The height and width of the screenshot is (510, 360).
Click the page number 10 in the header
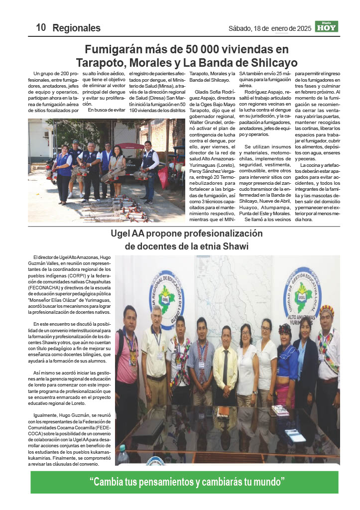(41, 28)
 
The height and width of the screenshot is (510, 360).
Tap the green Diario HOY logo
(327, 27)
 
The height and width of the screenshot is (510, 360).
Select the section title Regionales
(76, 28)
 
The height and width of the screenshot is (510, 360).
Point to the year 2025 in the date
(301, 28)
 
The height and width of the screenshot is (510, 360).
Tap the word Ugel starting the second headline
(121, 234)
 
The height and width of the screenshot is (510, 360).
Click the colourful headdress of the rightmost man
(327, 310)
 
